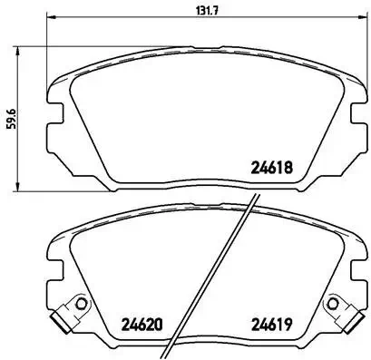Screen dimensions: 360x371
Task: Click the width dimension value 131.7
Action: (x=186, y=12)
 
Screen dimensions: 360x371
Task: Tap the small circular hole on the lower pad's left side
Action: (x=79, y=304)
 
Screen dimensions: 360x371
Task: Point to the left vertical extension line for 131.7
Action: (x=47, y=36)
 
